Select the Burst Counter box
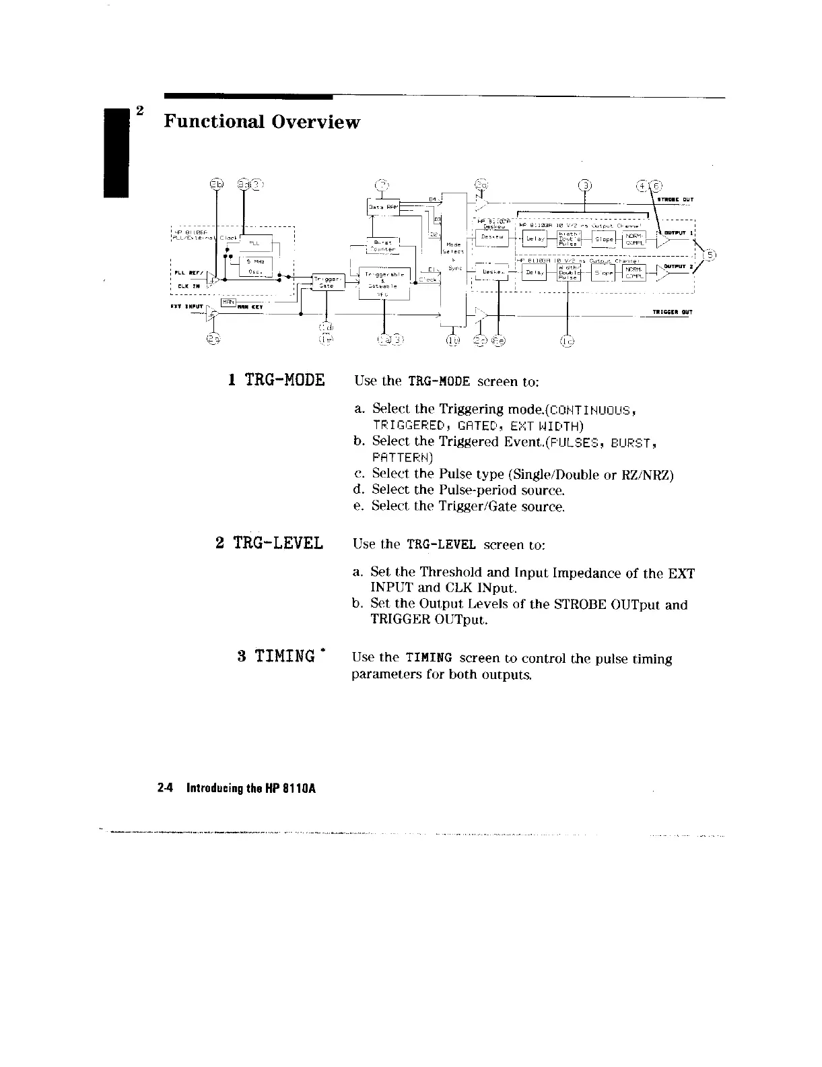coord(382,245)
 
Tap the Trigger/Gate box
coord(328,282)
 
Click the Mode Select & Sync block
coord(452,256)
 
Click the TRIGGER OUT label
coord(673,312)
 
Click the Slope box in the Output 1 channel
coord(604,238)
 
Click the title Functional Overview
coord(263,123)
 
